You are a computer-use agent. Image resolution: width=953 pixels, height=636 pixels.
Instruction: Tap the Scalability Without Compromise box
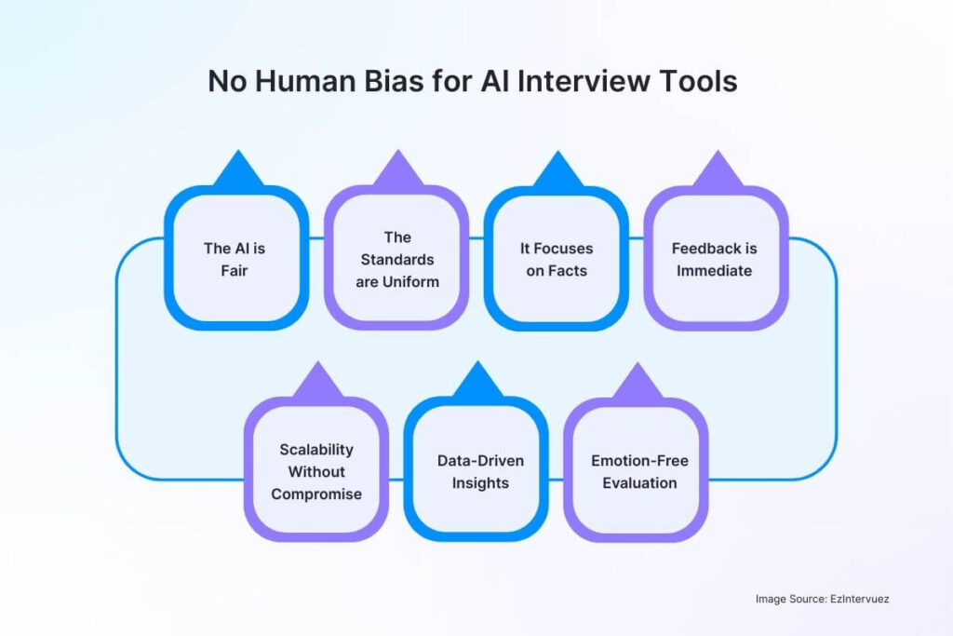click(x=316, y=470)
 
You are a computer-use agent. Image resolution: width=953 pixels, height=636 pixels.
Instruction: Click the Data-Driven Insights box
click(x=476, y=470)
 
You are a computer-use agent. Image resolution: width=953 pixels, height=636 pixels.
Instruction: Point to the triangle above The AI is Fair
click(x=237, y=172)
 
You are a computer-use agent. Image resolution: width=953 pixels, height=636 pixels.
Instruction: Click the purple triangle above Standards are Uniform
click(x=397, y=172)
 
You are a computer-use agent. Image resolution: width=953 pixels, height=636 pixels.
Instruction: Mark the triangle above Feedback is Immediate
click(x=717, y=172)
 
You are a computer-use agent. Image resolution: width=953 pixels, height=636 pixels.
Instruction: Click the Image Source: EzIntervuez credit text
click(x=822, y=599)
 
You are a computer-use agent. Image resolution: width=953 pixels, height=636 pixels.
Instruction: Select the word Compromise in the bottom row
click(x=316, y=494)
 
